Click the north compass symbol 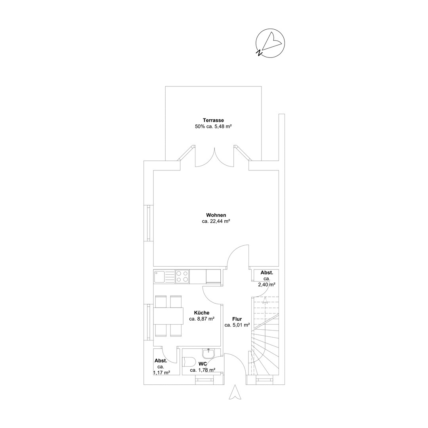click(x=270, y=43)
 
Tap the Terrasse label click(x=213, y=120)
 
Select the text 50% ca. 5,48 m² click(x=213, y=126)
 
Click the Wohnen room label click(x=216, y=215)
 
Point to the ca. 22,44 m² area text click(x=216, y=222)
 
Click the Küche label click(x=202, y=313)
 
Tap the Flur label click(x=237, y=319)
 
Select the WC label click(x=203, y=364)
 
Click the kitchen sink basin click(x=159, y=277)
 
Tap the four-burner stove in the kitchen click(x=182, y=277)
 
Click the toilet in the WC click(x=188, y=362)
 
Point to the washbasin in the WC click(x=209, y=353)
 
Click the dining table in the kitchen click(x=168, y=316)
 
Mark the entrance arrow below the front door click(x=235, y=392)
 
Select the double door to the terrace click(x=214, y=157)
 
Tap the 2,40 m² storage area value click(x=266, y=285)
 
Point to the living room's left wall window click(x=149, y=223)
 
